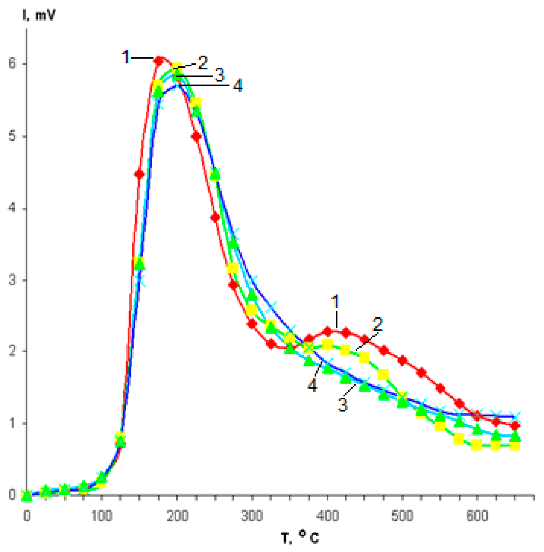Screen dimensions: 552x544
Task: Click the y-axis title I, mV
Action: point(39,15)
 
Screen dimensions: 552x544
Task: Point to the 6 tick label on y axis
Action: point(12,64)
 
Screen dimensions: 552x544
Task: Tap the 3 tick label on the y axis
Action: point(12,280)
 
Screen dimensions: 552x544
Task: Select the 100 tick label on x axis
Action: point(101,516)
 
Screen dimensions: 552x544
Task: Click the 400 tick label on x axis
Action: point(327,516)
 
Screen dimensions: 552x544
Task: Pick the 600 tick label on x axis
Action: point(477,516)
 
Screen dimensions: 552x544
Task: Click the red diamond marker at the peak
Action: point(159,61)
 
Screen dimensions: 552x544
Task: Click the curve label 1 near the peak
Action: point(125,57)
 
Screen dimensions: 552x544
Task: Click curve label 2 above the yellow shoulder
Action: point(378,324)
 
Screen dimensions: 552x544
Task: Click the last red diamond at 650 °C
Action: point(515,426)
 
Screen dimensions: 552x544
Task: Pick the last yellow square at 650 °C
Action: point(514,446)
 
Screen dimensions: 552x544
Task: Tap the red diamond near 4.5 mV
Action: point(140,174)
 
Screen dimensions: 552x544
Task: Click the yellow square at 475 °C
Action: point(383,374)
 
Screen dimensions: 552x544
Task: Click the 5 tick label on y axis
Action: point(12,136)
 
